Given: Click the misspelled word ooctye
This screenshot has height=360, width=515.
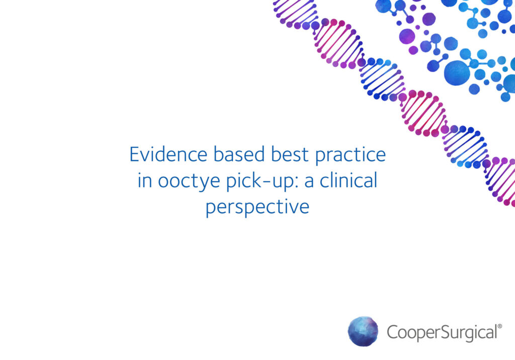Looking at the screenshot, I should (x=188, y=182).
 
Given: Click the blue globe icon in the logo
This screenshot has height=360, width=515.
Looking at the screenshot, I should (x=363, y=332).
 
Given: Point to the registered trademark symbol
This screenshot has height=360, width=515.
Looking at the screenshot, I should (x=499, y=326).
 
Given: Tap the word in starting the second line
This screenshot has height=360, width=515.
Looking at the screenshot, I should (x=144, y=181).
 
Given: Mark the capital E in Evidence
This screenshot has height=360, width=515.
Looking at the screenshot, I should (x=135, y=154).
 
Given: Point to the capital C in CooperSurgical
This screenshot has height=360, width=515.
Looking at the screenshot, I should (x=393, y=332).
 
